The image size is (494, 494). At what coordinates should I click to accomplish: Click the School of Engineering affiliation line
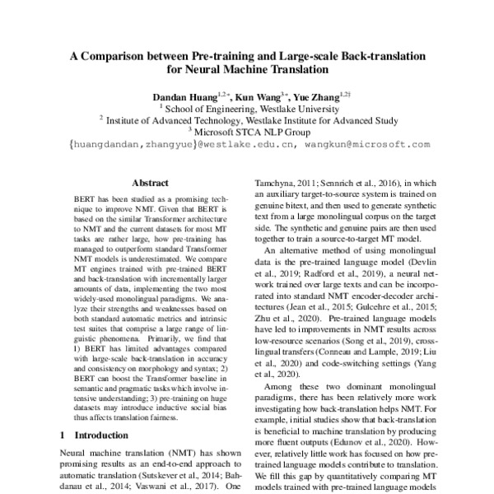(247, 107)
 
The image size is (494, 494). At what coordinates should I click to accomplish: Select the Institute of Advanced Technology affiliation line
(247, 119)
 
